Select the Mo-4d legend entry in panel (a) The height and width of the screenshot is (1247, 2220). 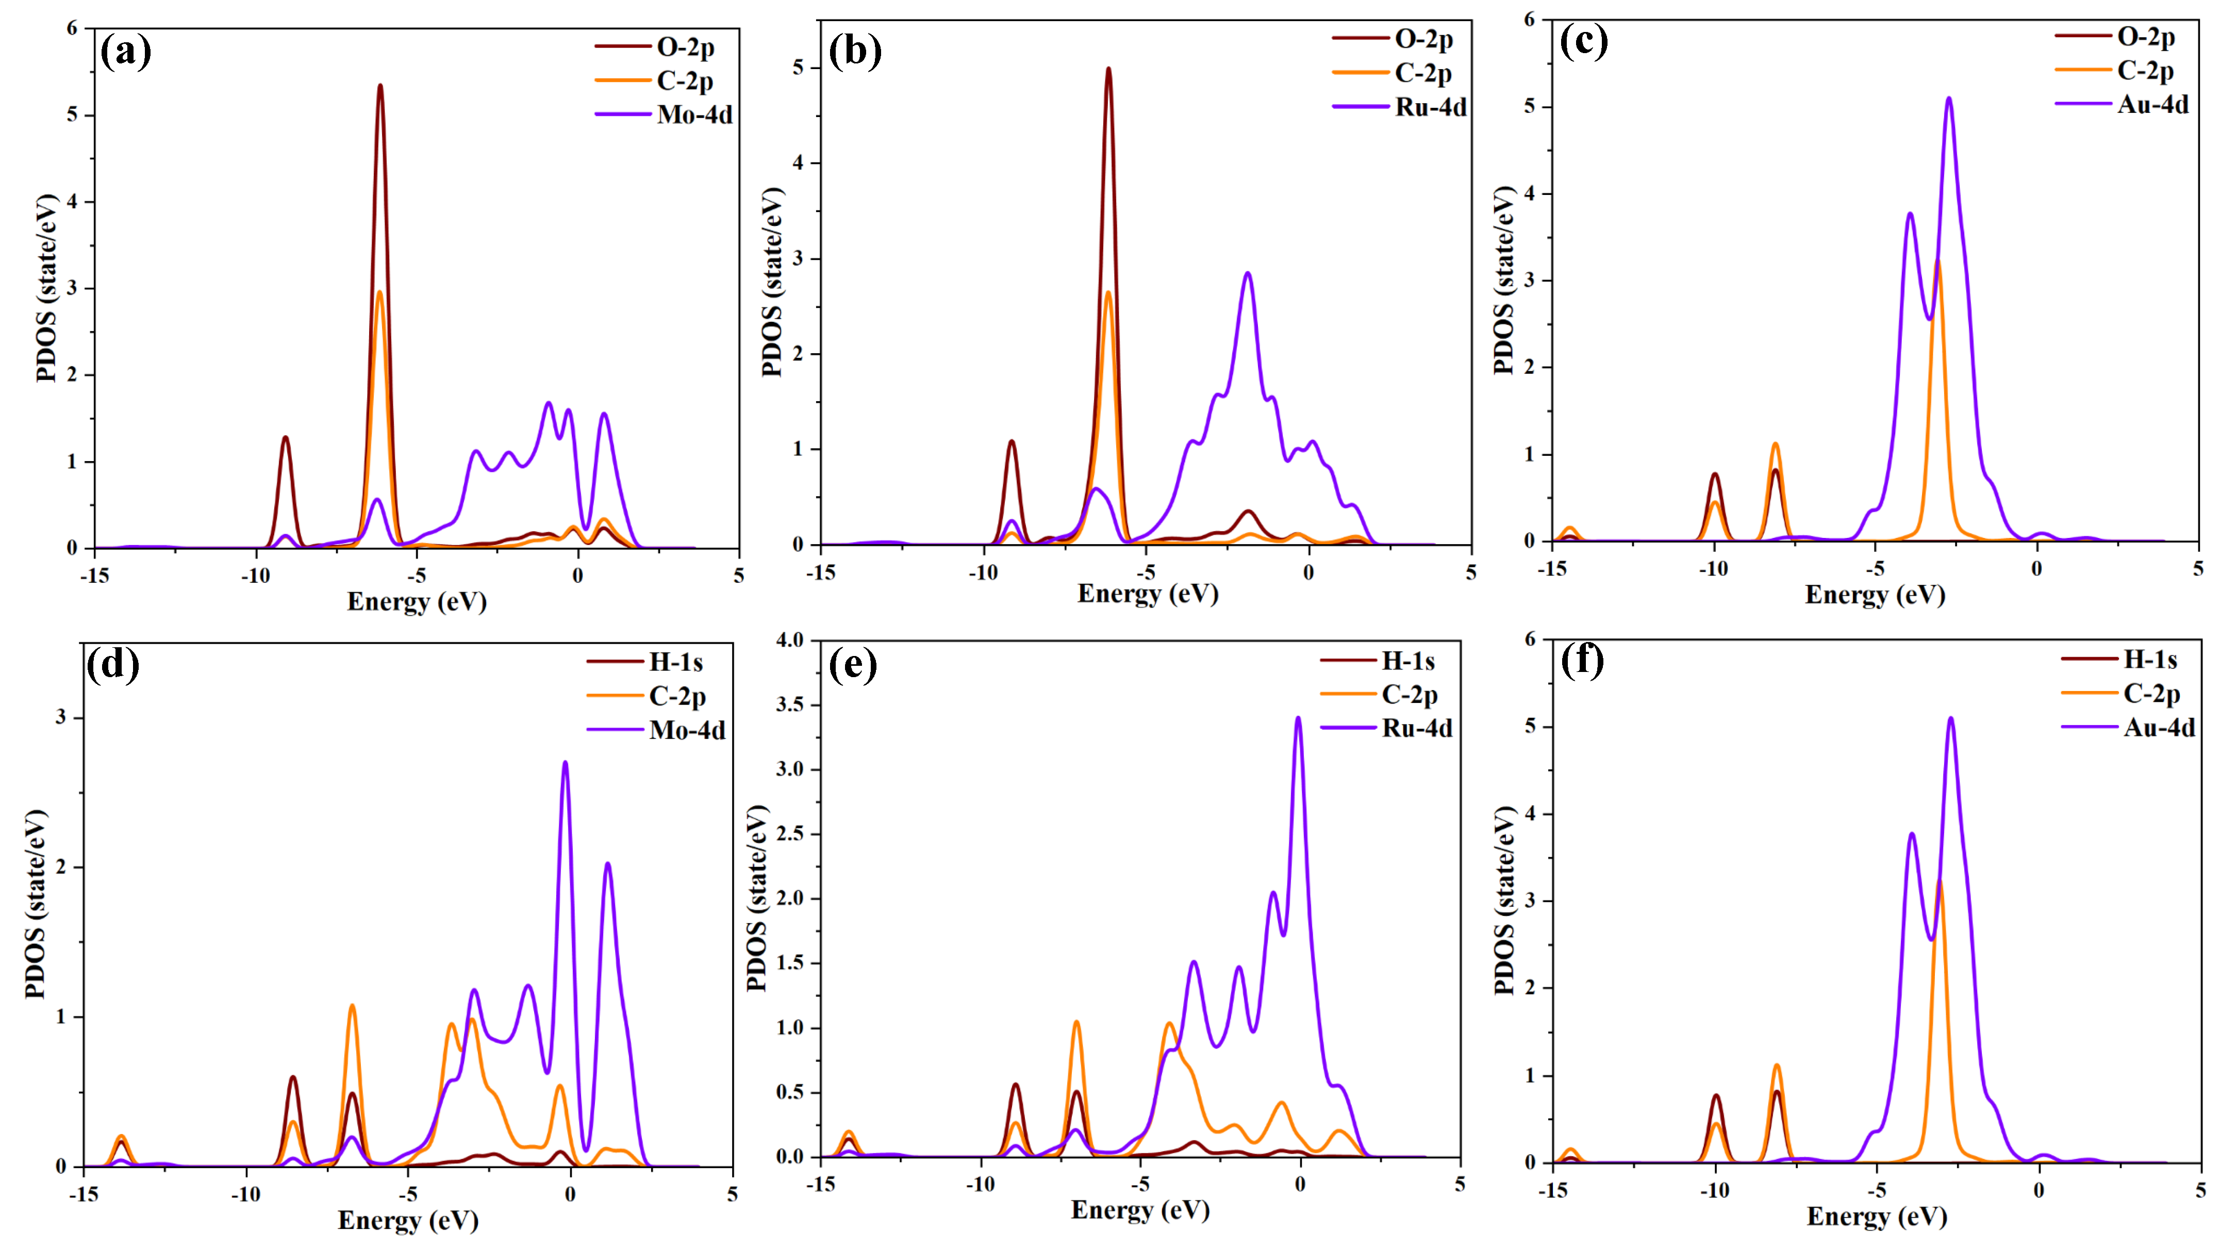click(694, 114)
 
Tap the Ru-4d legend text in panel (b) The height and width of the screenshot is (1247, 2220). click(1431, 108)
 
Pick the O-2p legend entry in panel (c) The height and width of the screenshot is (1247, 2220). click(2146, 37)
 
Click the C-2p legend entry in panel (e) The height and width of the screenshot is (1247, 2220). click(1410, 695)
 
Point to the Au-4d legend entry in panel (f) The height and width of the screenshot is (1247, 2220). click(2159, 728)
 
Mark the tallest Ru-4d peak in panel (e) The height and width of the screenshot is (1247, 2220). click(1298, 719)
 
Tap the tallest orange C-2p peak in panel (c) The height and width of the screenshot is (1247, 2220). click(1937, 264)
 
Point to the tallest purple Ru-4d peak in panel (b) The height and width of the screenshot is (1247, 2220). click(1247, 274)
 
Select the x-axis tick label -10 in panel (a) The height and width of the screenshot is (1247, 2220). click(255, 576)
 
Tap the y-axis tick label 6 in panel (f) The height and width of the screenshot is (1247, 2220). click(1530, 639)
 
